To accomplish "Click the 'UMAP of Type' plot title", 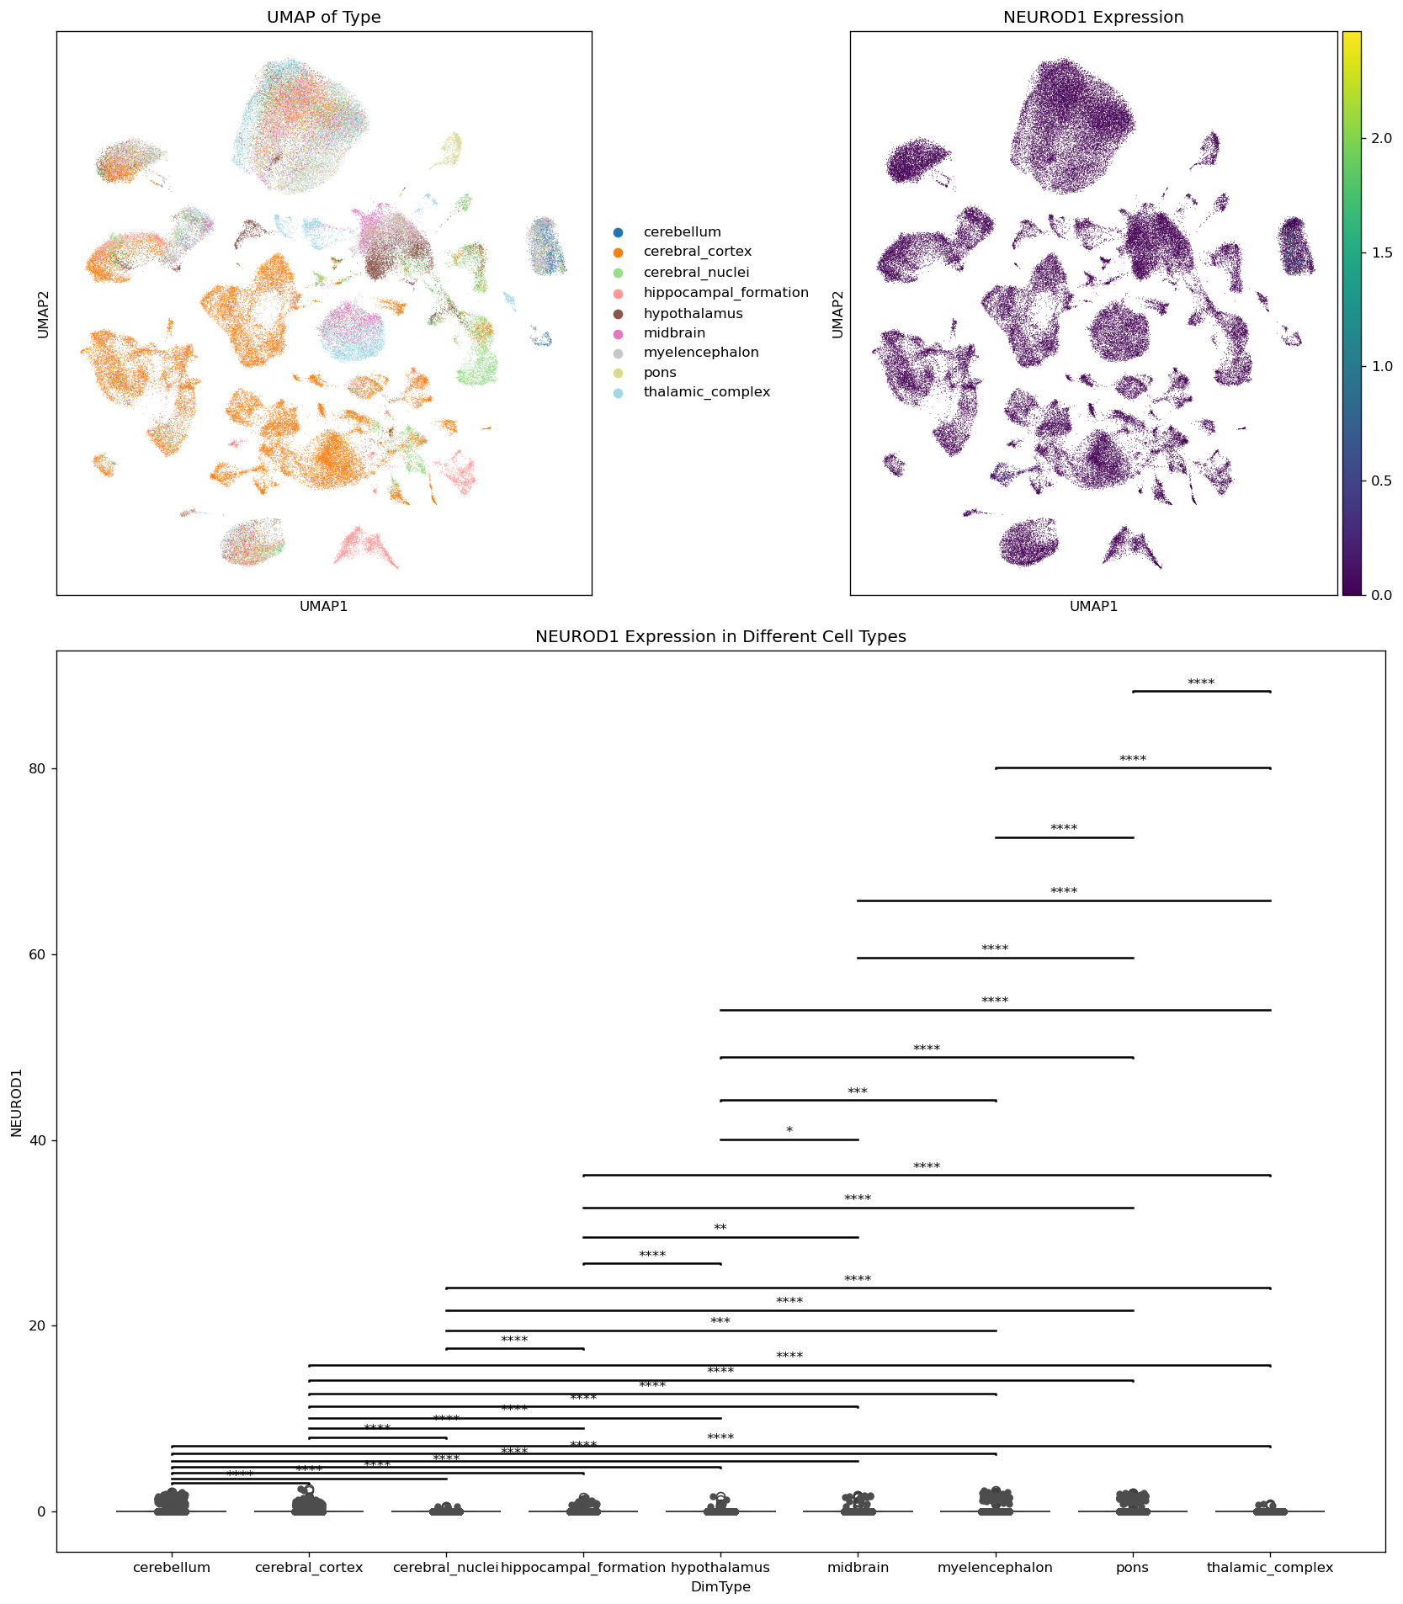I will pyautogui.click(x=324, y=18).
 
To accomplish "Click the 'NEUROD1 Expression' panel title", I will pyautogui.click(x=1093, y=18).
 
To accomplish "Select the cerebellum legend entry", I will pyautogui.click(x=682, y=232).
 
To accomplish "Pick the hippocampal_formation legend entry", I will pyautogui.click(x=725, y=293).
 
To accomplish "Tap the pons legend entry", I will pyautogui.click(x=660, y=373).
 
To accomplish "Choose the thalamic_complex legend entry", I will pyautogui.click(x=706, y=392).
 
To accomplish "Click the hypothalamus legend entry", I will pyautogui.click(x=693, y=313).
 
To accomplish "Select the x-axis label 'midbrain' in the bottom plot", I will pyautogui.click(x=858, y=1568).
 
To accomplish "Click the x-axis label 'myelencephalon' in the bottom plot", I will pyautogui.click(x=996, y=1568).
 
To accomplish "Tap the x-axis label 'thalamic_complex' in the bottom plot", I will pyautogui.click(x=1270, y=1568).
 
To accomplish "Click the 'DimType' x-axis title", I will pyautogui.click(x=720, y=1587).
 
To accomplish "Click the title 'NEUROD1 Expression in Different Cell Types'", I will pyautogui.click(x=720, y=637).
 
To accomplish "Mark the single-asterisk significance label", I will pyautogui.click(x=789, y=1131).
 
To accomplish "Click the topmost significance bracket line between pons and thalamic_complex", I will pyautogui.click(x=1201, y=692).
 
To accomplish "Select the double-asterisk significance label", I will pyautogui.click(x=720, y=1229).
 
